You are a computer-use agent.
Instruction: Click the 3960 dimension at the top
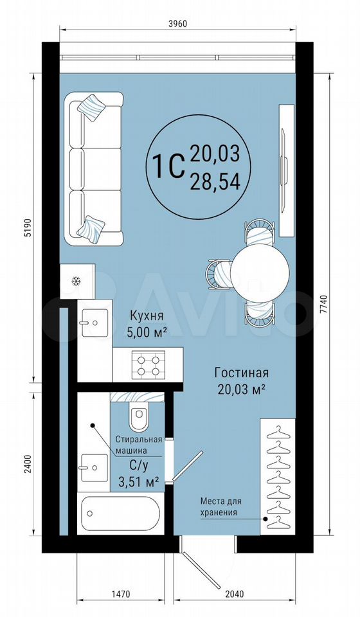click(177, 23)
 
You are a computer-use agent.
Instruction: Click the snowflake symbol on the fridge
click(76, 281)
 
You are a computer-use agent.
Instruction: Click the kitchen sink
click(94, 323)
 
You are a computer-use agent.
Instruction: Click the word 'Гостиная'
click(241, 372)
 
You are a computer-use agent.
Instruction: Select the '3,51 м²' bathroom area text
click(139, 481)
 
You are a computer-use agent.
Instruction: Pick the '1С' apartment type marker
click(170, 166)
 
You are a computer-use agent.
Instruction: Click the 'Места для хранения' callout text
click(221, 506)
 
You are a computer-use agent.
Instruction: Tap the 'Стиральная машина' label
click(139, 445)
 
